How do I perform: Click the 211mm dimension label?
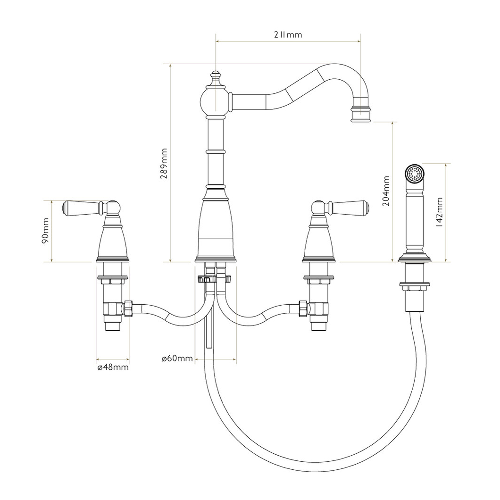pos(288,35)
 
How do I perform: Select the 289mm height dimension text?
pos(164,164)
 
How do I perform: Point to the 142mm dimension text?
pos(439,212)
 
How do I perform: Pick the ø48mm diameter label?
pos(112,367)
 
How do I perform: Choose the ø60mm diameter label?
pos(177,359)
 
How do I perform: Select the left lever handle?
pos(85,207)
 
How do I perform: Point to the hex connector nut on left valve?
pos(128,308)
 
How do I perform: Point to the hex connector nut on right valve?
pos(303,308)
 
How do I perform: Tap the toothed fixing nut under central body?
pos(215,279)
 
